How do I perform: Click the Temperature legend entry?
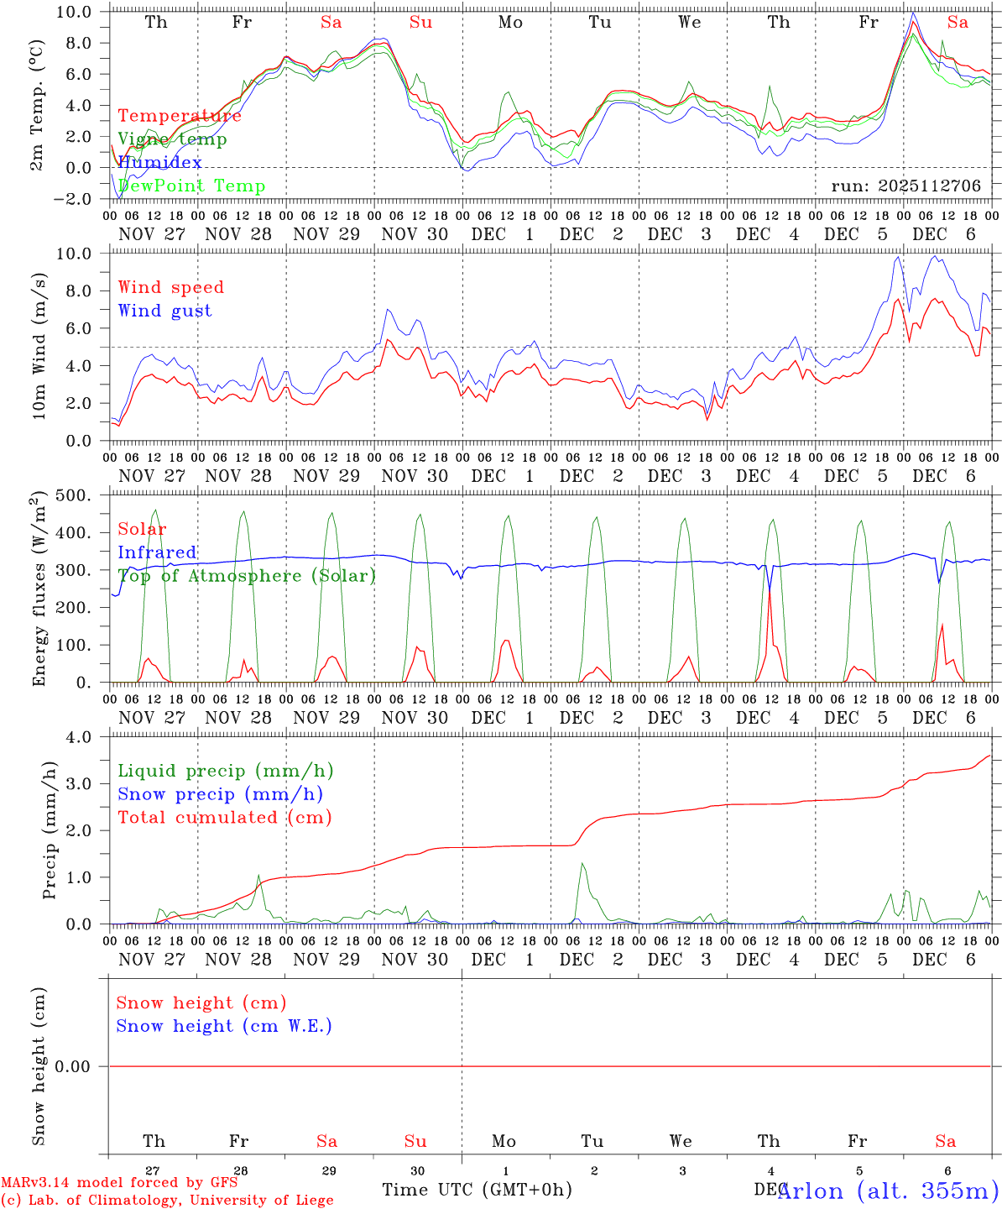tap(179, 116)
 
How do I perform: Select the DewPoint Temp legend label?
tap(191, 186)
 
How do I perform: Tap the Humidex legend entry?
tap(159, 162)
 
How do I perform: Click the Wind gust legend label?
tap(164, 311)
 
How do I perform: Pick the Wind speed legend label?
tap(170, 287)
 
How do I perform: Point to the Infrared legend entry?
tap(157, 552)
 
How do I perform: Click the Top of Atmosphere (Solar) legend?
tap(246, 576)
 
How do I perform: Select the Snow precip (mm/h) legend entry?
tap(220, 794)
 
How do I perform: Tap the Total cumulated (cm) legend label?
tap(224, 817)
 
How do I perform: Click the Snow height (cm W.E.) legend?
tap(223, 1026)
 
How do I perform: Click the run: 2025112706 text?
tap(905, 186)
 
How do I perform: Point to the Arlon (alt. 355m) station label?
tap(887, 1191)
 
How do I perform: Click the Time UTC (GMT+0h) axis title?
tap(477, 1190)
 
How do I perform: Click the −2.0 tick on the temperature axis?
tap(81, 199)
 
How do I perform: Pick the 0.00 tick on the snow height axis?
tap(81, 1066)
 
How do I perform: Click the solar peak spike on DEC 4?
tap(770, 593)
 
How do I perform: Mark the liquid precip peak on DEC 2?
tap(582, 864)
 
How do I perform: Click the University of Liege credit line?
tap(167, 1200)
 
